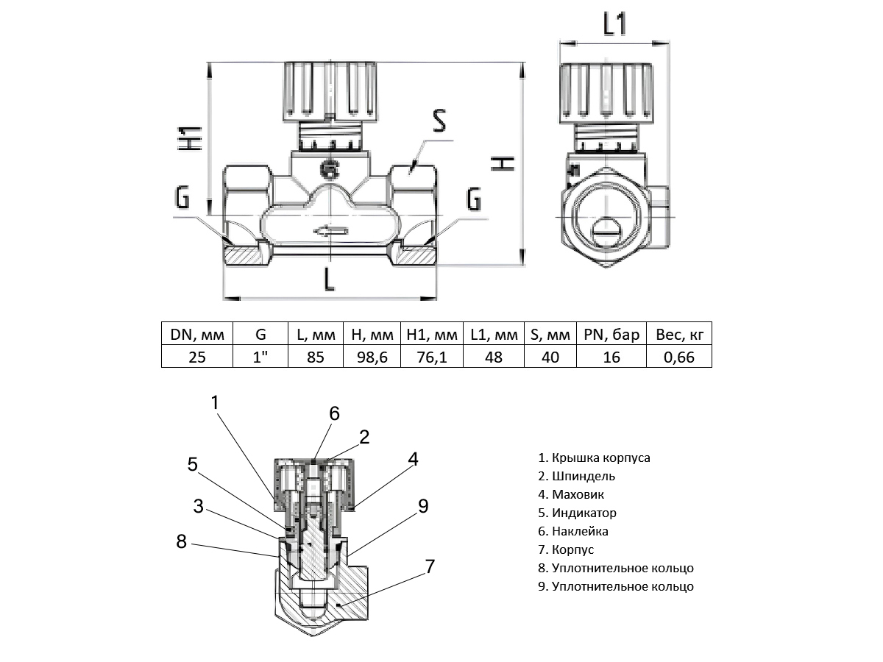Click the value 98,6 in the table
(372, 357)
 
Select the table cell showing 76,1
(432, 357)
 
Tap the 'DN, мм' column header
(197, 335)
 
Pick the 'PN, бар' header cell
(611, 335)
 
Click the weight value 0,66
(678, 357)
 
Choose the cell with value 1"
(260, 357)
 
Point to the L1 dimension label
(614, 26)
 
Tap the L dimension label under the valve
(330, 280)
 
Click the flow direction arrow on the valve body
(330, 232)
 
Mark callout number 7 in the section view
(430, 567)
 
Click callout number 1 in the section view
(215, 402)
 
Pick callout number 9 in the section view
(422, 506)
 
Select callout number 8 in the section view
(182, 542)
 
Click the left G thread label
(182, 198)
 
